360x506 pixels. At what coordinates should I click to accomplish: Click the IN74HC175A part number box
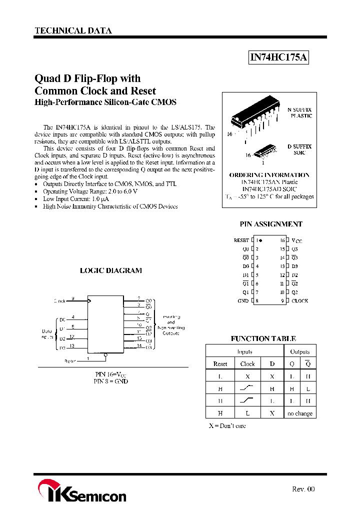tap(279, 58)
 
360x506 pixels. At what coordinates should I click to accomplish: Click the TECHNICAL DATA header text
tap(73, 30)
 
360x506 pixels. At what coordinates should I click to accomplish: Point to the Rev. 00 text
tap(303, 489)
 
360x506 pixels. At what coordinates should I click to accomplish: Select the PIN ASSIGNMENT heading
tap(271, 224)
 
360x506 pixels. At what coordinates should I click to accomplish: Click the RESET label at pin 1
tap(241, 240)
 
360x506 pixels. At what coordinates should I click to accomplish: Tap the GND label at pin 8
tap(243, 301)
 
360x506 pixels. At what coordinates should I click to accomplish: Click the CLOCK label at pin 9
tap(299, 301)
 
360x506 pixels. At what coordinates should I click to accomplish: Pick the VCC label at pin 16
tap(296, 240)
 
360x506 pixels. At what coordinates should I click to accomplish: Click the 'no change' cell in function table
tap(300, 413)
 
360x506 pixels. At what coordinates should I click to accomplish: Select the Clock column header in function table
tap(247, 364)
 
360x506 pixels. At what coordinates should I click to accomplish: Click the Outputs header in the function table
tap(300, 351)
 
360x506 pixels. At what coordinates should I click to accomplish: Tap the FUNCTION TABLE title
tap(263, 338)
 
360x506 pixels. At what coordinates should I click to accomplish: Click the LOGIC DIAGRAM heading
tap(111, 270)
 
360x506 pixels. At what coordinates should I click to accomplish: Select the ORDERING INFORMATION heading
tap(269, 175)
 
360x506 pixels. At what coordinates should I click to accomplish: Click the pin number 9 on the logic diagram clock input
tap(73, 298)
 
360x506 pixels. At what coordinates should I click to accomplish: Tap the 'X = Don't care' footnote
tap(227, 425)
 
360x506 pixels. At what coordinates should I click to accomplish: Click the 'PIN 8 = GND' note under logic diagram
tap(111, 381)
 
